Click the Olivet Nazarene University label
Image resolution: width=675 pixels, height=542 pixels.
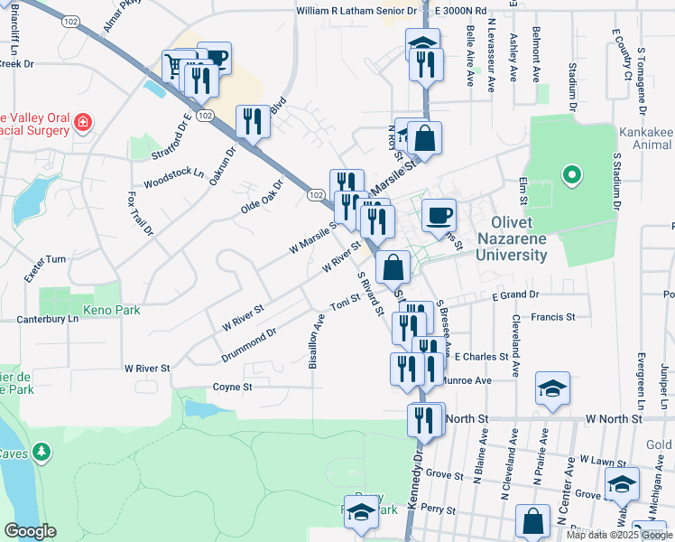tap(519, 238)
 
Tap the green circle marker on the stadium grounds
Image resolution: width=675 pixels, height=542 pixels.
tap(570, 175)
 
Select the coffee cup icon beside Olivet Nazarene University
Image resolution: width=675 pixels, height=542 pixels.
tap(439, 215)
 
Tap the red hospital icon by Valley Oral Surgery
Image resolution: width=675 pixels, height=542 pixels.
tap(82, 122)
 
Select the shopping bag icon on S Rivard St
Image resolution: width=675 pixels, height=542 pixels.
tap(393, 267)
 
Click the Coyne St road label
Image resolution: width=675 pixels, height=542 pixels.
tap(232, 387)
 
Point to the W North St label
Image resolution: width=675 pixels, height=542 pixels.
tap(613, 419)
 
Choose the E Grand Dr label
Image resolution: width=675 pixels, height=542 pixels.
tap(515, 295)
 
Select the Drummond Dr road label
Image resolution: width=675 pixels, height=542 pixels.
tap(248, 347)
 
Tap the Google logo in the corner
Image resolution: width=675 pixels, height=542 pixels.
tap(30, 531)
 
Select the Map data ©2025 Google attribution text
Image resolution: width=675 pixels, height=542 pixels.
tap(618, 535)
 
